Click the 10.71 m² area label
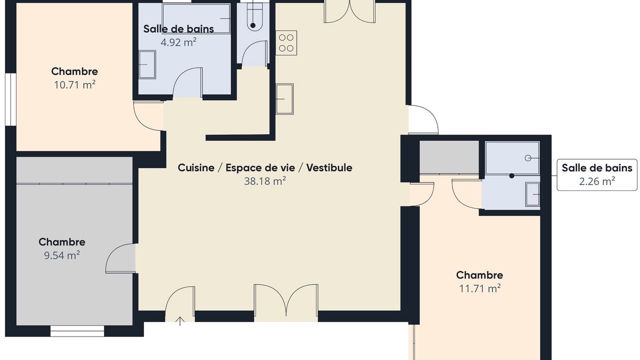tap(74, 85)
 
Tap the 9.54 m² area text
tap(61, 255)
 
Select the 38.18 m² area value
tap(265, 181)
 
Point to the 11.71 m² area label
tap(479, 288)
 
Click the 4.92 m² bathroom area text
tap(178, 42)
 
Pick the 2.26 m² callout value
tap(597, 181)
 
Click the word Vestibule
tap(329, 167)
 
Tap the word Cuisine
tap(196, 167)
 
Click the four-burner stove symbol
tap(286, 43)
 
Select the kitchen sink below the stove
tap(284, 99)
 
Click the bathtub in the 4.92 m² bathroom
tap(196, 18)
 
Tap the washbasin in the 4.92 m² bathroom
tap(147, 64)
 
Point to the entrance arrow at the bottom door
tap(179, 321)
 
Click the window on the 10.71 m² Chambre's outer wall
tap(10, 99)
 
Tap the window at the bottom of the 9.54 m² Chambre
tap(77, 331)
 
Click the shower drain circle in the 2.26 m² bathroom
tap(528, 158)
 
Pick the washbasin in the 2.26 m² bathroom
tap(532, 194)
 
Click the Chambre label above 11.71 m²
tap(479, 275)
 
